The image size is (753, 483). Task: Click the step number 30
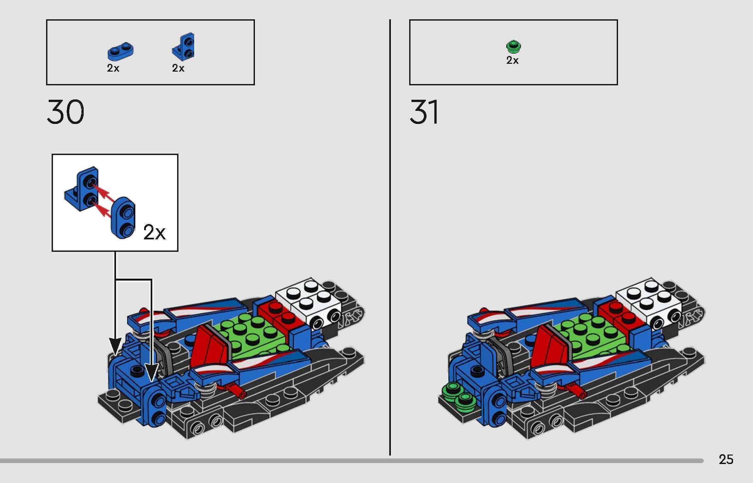coord(65,112)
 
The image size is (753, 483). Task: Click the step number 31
coord(424,112)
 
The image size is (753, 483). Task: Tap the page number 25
coord(726,459)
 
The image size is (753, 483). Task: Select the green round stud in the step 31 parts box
coord(513,47)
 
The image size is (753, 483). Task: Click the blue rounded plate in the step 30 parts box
coord(121,51)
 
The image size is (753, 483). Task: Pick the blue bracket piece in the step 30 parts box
coord(183,47)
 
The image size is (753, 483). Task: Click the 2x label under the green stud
coord(512,60)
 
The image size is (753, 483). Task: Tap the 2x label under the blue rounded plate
coord(113,68)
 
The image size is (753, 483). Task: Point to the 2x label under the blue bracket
coord(178,68)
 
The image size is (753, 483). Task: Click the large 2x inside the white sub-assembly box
coord(154,233)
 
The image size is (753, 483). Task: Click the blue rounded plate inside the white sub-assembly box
coord(124,217)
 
